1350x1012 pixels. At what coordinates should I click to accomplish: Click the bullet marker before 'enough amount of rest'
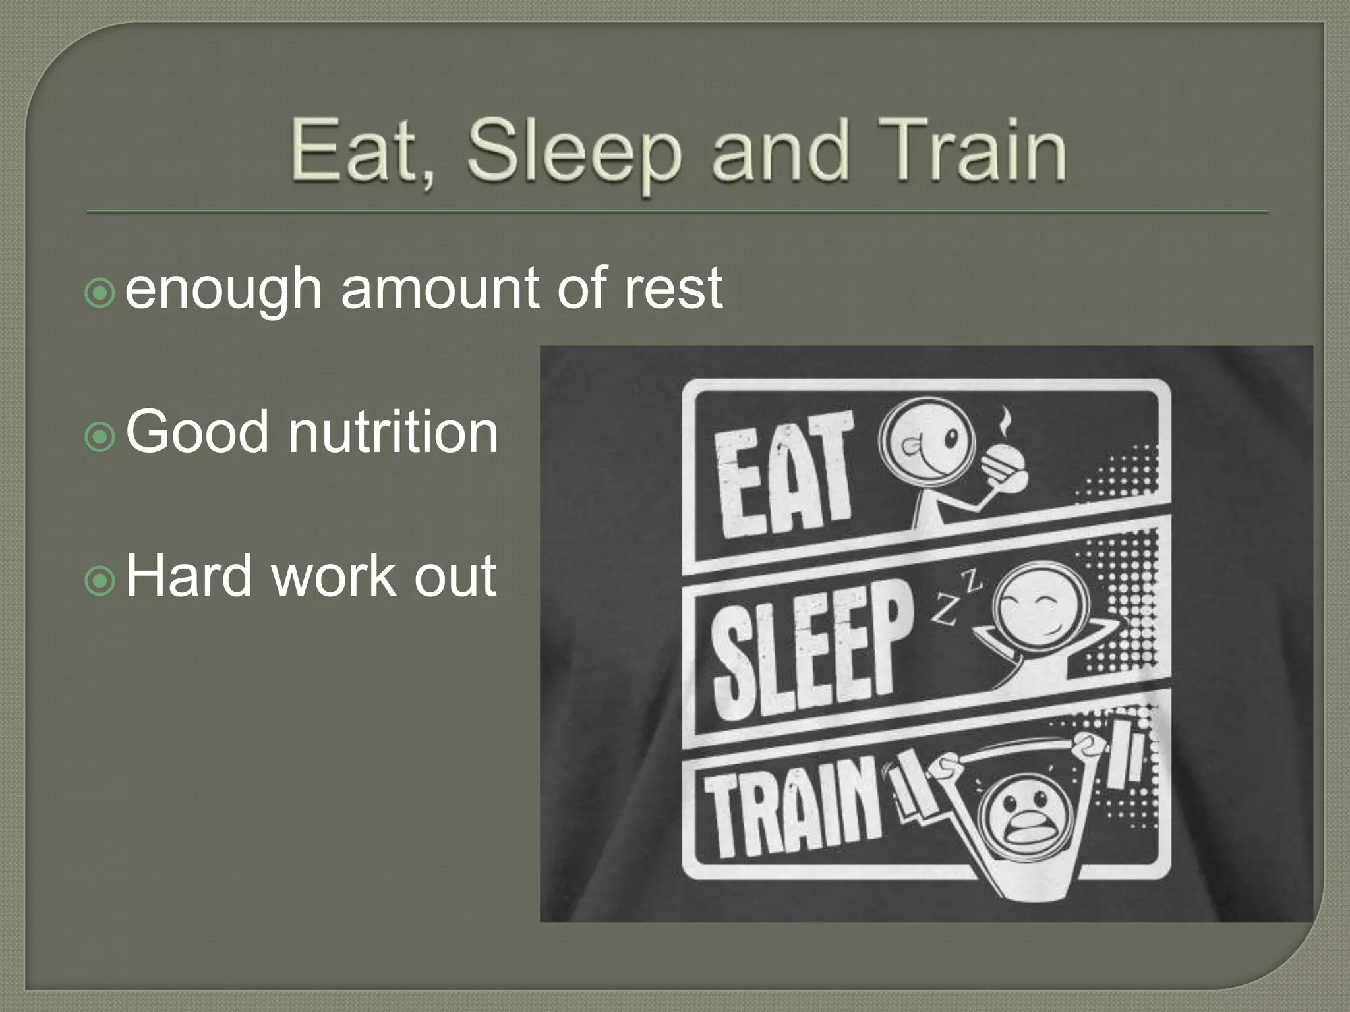[x=100, y=293]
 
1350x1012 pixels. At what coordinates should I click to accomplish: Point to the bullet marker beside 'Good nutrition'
[x=100, y=437]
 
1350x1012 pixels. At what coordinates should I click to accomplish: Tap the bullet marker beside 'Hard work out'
[x=100, y=580]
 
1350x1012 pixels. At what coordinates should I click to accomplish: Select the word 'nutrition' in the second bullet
[x=393, y=432]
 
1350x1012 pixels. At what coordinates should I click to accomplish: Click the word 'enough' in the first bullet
[x=223, y=290]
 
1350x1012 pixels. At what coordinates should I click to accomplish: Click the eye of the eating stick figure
[x=951, y=439]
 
